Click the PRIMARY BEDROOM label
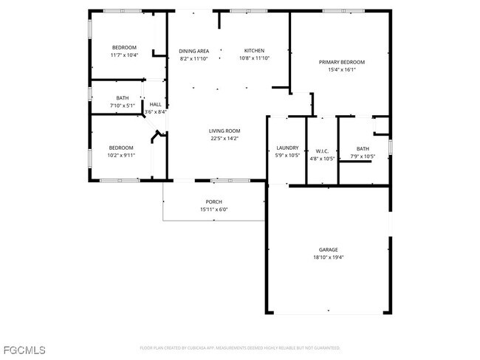tap(337, 62)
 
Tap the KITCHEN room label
tap(253, 51)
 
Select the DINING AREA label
tap(193, 51)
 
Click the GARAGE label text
tap(327, 249)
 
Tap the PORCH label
tap(213, 201)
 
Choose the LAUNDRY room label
tap(287, 148)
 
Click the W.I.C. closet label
tap(321, 151)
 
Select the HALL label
tap(156, 105)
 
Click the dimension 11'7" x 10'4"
tap(124, 55)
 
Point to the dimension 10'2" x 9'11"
tap(121, 155)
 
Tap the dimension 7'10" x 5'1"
tap(122, 105)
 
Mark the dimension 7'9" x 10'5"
tap(363, 156)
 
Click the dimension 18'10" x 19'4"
tap(327, 257)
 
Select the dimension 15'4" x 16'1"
tap(337, 69)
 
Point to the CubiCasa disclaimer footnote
tap(240, 347)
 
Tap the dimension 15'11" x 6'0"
tap(213, 210)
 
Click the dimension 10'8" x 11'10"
tap(253, 58)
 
